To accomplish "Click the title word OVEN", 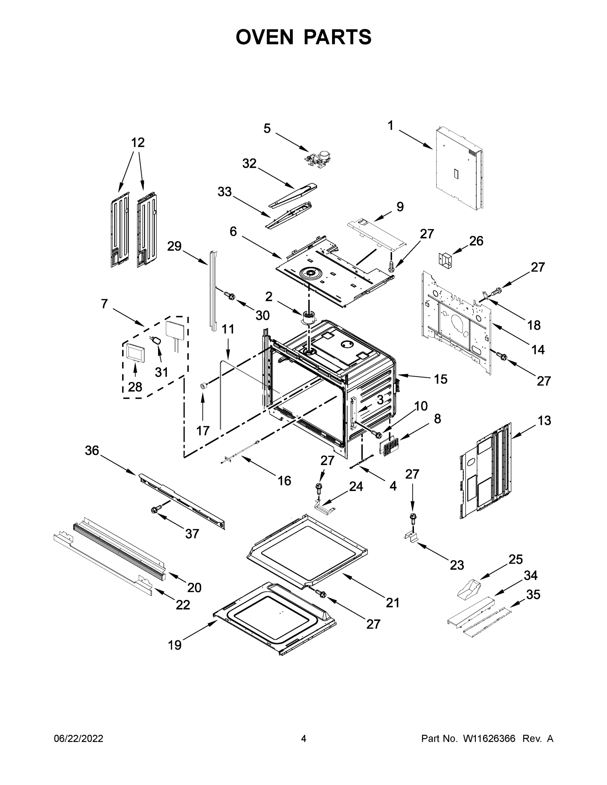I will [x=264, y=37].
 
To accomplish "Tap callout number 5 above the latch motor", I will [x=267, y=129].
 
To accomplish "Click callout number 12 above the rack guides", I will [x=138, y=143].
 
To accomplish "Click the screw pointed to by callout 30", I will [x=230, y=296].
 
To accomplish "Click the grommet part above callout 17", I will [x=204, y=386].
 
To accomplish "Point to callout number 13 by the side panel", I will [x=545, y=420].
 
